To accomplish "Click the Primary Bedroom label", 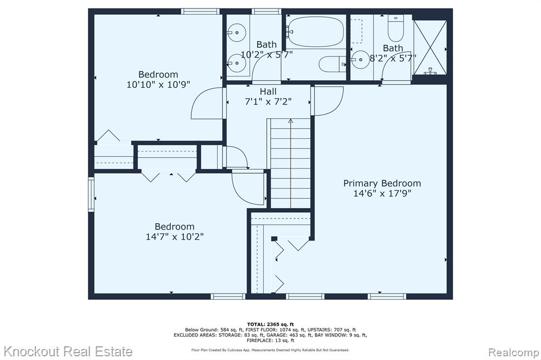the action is coord(382,183).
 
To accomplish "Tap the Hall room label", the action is coord(268,92).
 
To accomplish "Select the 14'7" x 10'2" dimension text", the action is coord(174,236).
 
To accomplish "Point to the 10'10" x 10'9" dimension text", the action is coord(158,84).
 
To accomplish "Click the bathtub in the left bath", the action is coord(315,32).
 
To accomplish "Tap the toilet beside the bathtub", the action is coord(332,64).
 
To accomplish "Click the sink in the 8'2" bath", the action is coord(360,60).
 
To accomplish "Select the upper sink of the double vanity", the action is coord(236,33).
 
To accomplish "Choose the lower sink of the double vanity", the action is coord(236,63).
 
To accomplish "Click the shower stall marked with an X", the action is coord(430,48).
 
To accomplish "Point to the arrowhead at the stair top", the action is coord(291,121).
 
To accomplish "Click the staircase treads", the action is coord(291,164).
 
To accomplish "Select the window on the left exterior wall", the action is coord(91,194).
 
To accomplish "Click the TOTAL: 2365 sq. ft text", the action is coord(270,324).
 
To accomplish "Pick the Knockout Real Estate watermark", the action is coord(68,352).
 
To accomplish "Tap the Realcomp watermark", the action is coord(514,353).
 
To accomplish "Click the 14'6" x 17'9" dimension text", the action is coord(383,193).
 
